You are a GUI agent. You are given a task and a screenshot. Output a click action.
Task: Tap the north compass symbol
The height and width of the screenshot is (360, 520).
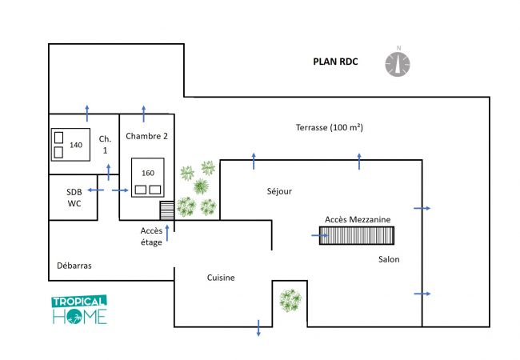[x=398, y=63]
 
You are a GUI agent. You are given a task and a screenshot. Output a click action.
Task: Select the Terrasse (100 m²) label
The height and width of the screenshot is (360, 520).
[x=324, y=127]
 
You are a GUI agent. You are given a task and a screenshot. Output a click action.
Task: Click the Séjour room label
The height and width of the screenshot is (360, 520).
[x=279, y=191]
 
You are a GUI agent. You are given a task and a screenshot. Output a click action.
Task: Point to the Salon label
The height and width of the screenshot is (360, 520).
[x=389, y=259]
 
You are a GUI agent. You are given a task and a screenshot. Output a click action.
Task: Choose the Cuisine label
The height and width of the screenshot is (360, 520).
[x=221, y=278]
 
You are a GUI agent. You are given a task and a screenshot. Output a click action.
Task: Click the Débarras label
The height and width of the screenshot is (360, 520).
[x=74, y=265]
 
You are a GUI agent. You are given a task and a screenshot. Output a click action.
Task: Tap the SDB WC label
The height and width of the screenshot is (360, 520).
[x=74, y=198]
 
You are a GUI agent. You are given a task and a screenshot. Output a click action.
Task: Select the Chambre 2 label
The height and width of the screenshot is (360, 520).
[x=146, y=136]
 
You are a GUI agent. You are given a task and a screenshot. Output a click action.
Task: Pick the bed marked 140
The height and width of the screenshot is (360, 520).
[x=70, y=144]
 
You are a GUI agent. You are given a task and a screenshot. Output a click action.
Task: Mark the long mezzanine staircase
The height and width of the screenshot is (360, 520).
[x=357, y=235]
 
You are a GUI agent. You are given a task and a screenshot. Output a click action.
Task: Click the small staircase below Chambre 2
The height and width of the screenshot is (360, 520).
[x=166, y=210]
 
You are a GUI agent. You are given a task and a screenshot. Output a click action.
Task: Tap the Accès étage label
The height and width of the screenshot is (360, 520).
[x=151, y=237]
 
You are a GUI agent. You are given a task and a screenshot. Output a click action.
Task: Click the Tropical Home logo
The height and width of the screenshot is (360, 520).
[x=79, y=310]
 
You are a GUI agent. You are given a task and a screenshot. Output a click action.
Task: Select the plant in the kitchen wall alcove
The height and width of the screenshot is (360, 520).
[x=290, y=301]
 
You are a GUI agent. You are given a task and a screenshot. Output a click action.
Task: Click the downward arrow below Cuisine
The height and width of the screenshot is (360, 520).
[x=258, y=327]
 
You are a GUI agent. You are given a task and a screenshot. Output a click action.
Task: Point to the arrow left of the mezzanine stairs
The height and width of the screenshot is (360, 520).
[x=318, y=235]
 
